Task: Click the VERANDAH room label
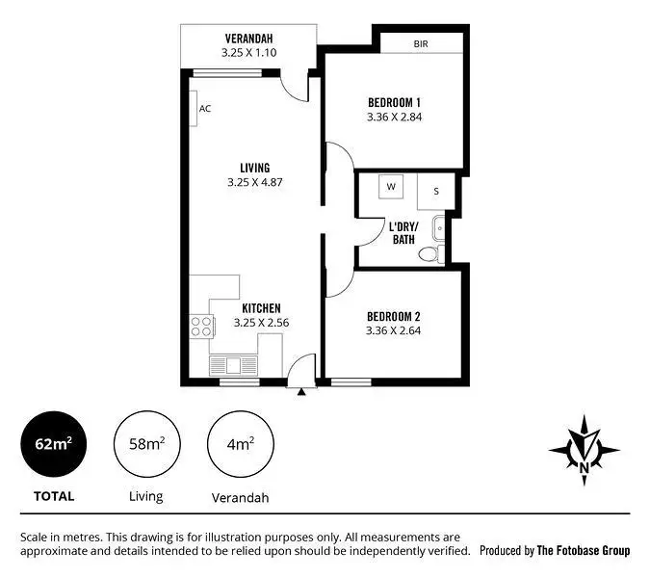click(x=248, y=39)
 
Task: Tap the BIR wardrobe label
click(x=421, y=44)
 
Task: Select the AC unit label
click(x=205, y=109)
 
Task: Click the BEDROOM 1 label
click(x=394, y=102)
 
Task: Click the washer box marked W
click(x=392, y=186)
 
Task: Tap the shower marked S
click(x=435, y=191)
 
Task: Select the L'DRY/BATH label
click(x=403, y=232)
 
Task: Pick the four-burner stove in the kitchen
click(x=201, y=327)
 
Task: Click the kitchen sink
click(x=232, y=365)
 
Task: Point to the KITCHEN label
click(x=261, y=308)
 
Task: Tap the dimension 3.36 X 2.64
click(x=394, y=330)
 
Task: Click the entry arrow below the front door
click(x=302, y=391)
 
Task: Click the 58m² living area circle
click(x=145, y=444)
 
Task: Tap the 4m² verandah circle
click(x=240, y=444)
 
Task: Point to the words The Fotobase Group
click(x=584, y=551)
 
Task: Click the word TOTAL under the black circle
click(x=54, y=497)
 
